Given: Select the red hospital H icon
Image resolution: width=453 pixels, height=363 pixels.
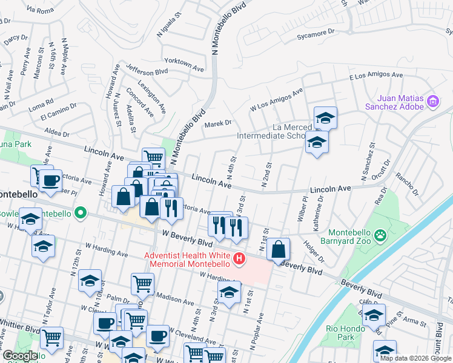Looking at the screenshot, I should click(x=239, y=260).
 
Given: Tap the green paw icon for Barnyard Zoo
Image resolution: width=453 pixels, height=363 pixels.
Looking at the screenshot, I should click(x=380, y=235).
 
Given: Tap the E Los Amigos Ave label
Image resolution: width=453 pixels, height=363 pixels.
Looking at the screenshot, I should click(x=375, y=76).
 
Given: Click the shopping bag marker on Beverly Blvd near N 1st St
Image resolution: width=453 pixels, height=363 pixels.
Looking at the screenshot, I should click(x=278, y=249).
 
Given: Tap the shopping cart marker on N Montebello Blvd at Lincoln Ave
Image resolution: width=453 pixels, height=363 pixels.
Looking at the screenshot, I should click(x=154, y=159).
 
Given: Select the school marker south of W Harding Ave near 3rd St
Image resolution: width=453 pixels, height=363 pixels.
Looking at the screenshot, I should click(x=229, y=293).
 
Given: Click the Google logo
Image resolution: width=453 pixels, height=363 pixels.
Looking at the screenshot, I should click(x=20, y=356).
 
